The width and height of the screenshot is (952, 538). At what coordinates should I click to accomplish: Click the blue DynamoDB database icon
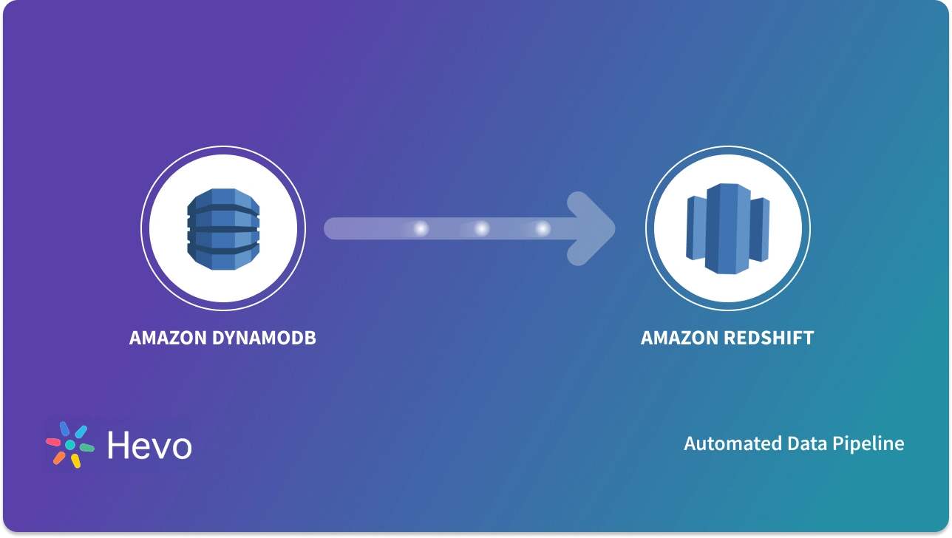point(223,228)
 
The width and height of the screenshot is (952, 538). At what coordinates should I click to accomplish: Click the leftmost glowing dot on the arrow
point(421,229)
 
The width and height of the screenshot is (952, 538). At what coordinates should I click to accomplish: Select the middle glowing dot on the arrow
point(482,229)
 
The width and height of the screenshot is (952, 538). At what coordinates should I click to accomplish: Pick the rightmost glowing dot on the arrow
point(543,229)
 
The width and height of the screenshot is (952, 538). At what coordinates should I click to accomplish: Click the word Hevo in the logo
point(149,446)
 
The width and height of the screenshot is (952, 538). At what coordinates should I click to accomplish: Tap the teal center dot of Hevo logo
point(70,445)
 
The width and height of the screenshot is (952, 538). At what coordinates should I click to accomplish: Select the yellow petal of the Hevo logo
point(75,461)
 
